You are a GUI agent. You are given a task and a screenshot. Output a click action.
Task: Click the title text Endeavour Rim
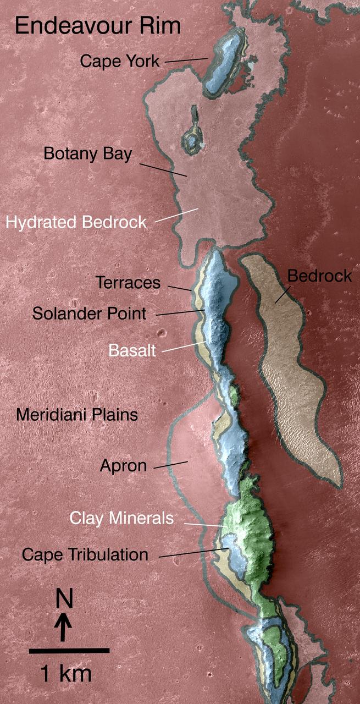pyautogui.click(x=98, y=26)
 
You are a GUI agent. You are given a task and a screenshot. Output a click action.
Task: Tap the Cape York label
pyautogui.click(x=120, y=61)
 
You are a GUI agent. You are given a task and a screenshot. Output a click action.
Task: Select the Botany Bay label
pyautogui.click(x=88, y=154)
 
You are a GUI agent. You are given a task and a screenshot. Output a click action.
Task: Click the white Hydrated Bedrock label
pyautogui.click(x=76, y=223)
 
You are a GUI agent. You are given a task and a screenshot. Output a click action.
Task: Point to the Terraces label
pyautogui.click(x=128, y=283)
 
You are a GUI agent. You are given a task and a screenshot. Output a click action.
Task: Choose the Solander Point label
pyautogui.click(x=90, y=313)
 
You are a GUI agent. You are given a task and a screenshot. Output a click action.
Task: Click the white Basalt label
pyautogui.click(x=132, y=350)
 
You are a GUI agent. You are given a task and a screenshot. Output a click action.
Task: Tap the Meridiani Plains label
pyautogui.click(x=76, y=414)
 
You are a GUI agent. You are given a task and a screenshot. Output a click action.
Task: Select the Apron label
pyautogui.click(x=123, y=466)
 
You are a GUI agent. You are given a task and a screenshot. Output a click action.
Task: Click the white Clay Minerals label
pyautogui.click(x=121, y=518)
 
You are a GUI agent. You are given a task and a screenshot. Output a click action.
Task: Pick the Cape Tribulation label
pyautogui.click(x=85, y=554)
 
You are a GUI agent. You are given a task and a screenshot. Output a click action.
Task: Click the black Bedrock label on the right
pyautogui.click(x=319, y=276)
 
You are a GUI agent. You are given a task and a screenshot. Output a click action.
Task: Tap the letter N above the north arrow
pyautogui.click(x=64, y=599)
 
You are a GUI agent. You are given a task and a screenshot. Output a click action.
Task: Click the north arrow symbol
pyautogui.click(x=64, y=627)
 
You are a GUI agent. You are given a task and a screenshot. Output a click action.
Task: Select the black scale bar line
pyautogui.click(x=69, y=651)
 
